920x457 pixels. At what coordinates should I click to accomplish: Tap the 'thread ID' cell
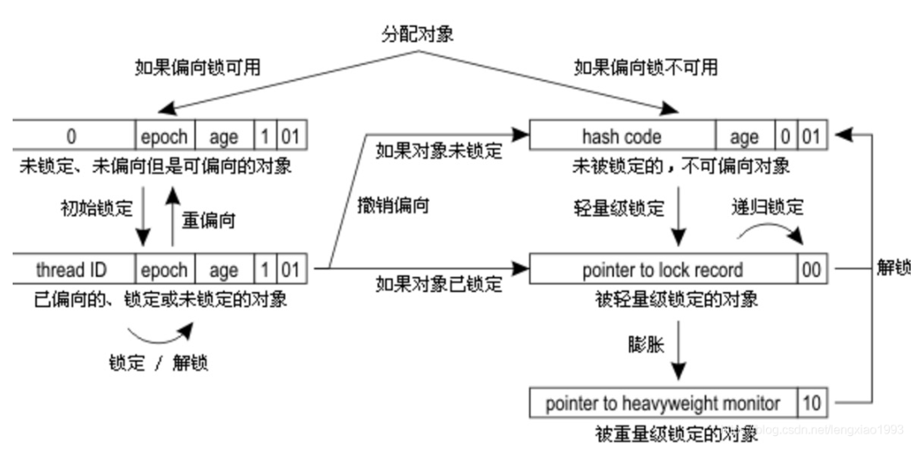point(71,270)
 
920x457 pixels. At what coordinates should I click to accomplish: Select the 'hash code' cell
point(621,136)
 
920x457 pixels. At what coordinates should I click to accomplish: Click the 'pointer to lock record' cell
point(663,270)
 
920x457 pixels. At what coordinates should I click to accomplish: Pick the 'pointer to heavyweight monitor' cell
point(663,403)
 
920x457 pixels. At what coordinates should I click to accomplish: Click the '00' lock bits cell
point(812,270)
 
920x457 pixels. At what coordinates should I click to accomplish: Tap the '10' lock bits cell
point(812,403)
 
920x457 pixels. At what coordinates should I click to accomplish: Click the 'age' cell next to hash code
point(744,136)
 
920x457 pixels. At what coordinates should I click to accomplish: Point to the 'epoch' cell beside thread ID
point(165,270)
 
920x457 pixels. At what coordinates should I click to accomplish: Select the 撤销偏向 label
point(393,205)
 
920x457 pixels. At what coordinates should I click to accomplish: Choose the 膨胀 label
point(645,344)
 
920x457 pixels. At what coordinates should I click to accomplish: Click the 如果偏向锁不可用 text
point(645,67)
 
